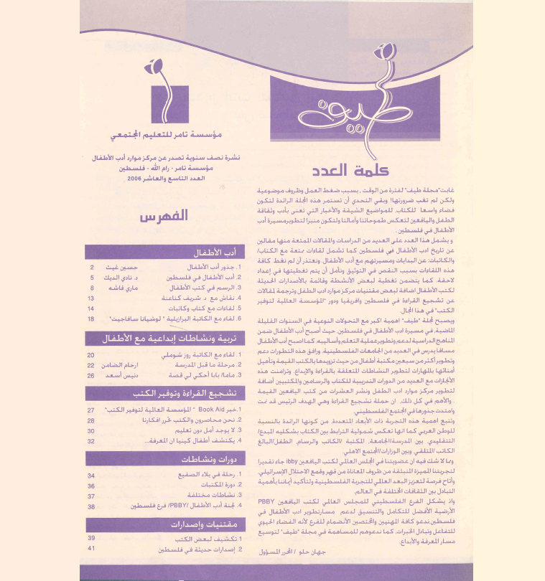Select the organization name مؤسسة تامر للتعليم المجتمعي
tap(168, 135)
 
